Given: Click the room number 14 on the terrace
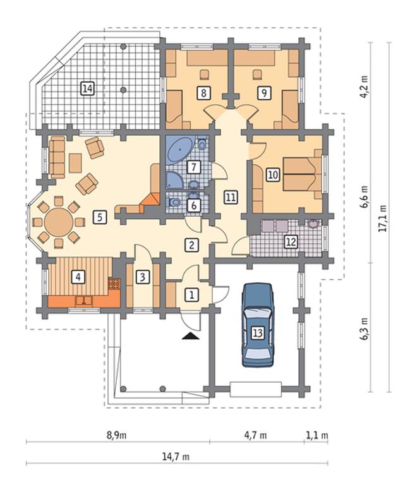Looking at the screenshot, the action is coord(87,88).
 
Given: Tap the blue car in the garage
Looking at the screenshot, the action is coord(258,325).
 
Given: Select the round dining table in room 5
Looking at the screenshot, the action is coord(59,222).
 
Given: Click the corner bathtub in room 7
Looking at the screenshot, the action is coord(179,150).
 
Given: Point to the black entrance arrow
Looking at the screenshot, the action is coord(190,336).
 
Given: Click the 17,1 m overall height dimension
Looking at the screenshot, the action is coord(382,218).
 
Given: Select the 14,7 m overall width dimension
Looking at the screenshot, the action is coord(176,457).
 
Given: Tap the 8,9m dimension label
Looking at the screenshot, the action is coord(117,435).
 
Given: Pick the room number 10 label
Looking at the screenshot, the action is coord(273,175).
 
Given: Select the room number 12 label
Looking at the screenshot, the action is coord(291,242).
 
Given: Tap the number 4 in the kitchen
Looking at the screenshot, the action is coord(78,277).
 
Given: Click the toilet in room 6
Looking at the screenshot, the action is coord(174,202).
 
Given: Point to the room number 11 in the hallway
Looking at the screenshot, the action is coord(231,197).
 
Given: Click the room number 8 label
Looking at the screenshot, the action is coord(203,92).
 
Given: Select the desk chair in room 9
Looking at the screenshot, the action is coord(258,74).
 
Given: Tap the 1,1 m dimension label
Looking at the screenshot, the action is coord(317,435).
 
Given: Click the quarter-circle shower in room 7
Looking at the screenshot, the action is coord(174,180).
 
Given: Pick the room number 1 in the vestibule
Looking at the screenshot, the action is coord(191,295).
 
